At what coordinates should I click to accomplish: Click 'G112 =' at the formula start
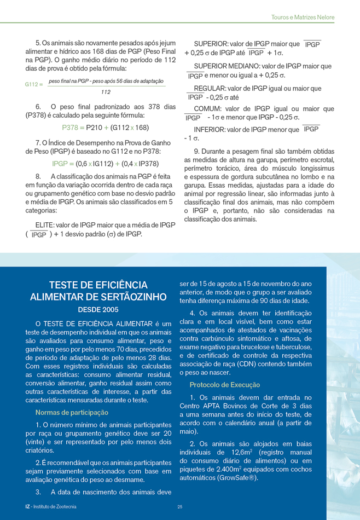tap(33, 85)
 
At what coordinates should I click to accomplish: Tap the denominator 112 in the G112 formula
tap(106, 92)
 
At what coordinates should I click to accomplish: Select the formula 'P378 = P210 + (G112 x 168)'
tap(105, 128)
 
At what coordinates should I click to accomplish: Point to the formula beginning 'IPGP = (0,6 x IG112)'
tap(106, 163)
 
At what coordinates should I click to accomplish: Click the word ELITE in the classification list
tap(44, 224)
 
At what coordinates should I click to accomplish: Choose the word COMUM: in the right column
tap(208, 109)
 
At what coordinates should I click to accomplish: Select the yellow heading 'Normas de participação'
tap(63, 412)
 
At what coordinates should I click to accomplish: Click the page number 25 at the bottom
tap(179, 507)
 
